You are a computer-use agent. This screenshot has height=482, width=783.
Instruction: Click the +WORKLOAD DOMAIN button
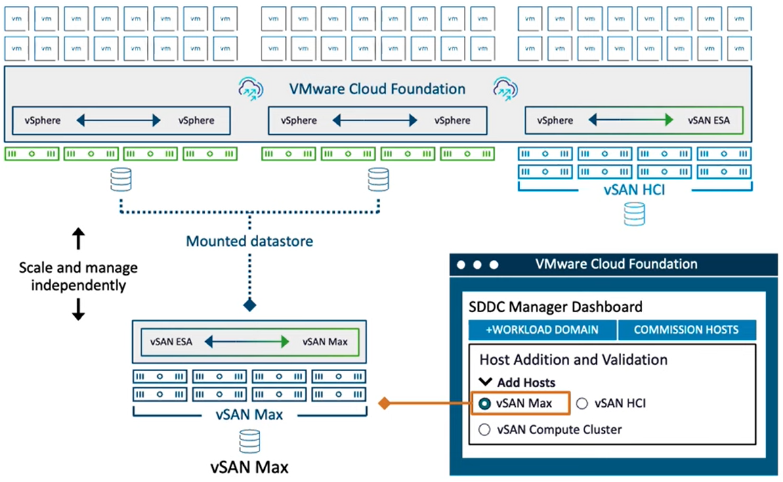(x=543, y=330)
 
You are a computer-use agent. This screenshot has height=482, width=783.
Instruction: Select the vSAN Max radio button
(x=484, y=403)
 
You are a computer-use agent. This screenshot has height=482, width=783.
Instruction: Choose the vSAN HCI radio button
(x=582, y=403)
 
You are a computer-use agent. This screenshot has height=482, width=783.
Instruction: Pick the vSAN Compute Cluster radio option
(x=484, y=430)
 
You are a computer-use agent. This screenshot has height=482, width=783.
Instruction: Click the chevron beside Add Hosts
(x=486, y=382)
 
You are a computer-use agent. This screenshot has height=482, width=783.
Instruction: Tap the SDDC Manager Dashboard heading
(x=555, y=307)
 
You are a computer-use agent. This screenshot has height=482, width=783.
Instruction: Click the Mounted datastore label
(x=250, y=241)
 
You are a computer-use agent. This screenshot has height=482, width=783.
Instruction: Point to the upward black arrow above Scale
(x=79, y=238)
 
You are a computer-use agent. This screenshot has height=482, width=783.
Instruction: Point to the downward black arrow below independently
(x=79, y=309)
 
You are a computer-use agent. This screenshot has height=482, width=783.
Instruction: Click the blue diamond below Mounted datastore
(x=250, y=305)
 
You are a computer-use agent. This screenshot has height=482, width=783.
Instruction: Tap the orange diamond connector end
(x=384, y=403)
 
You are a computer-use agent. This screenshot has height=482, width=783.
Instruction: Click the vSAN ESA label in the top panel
(x=708, y=121)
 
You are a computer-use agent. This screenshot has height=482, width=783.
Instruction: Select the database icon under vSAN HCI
(x=634, y=214)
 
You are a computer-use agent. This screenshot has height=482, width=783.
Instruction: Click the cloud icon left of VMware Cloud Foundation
(x=251, y=89)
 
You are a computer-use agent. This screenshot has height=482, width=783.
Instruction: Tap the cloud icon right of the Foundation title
(x=505, y=89)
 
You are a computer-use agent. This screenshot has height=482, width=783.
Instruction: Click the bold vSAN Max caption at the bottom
(x=250, y=468)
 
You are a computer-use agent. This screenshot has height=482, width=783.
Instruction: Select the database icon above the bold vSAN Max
(x=250, y=441)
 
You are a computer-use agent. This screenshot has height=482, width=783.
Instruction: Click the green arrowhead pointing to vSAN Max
(x=284, y=342)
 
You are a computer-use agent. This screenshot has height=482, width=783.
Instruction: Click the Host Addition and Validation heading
(x=573, y=359)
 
